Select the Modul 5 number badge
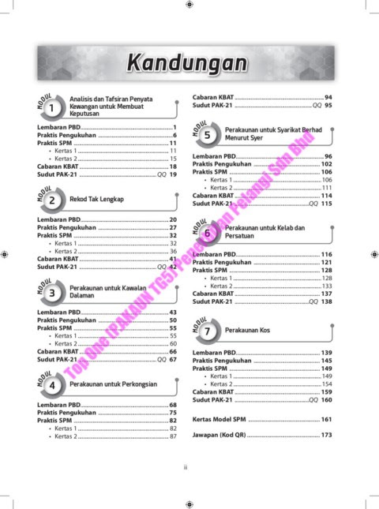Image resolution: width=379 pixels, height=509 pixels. click(206, 135)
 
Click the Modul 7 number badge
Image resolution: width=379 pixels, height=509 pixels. click(206, 330)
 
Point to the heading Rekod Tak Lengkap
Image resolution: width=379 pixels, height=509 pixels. click(97, 200)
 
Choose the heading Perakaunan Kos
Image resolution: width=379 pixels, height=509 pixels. click(249, 330)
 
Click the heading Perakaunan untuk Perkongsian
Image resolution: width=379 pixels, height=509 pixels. click(109, 384)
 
